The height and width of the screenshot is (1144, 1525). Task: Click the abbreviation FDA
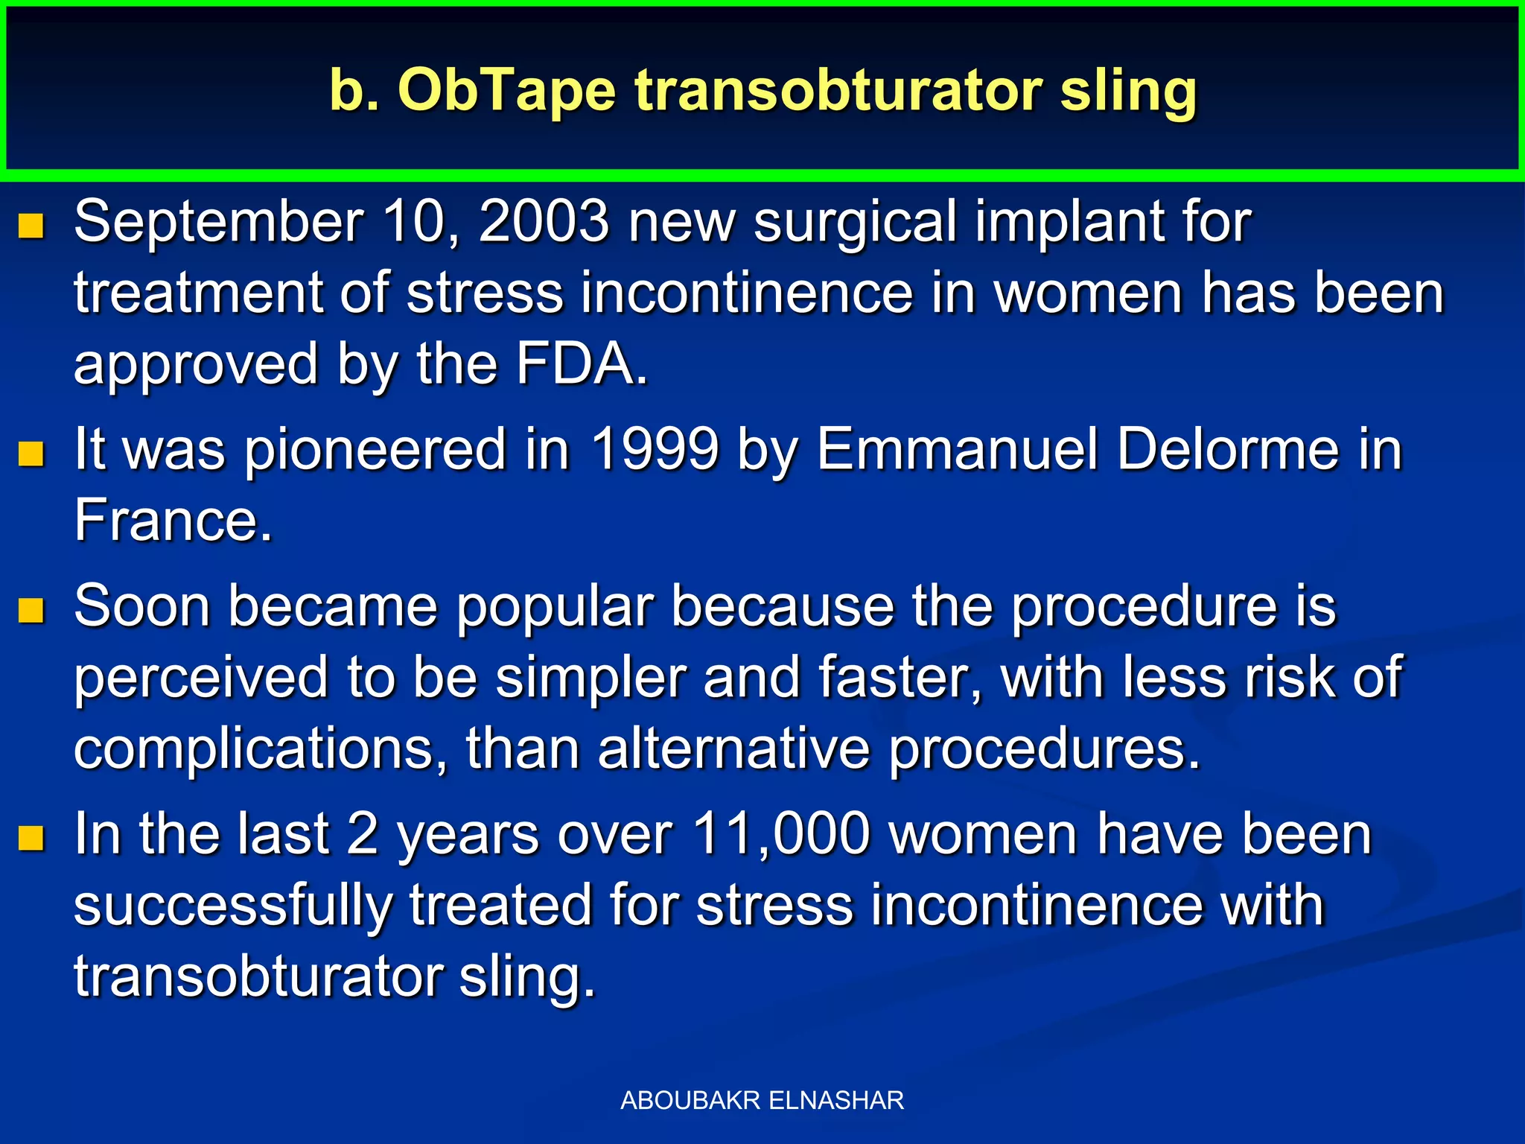pyautogui.click(x=582, y=363)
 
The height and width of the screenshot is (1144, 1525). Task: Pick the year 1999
pyautogui.click(x=655, y=449)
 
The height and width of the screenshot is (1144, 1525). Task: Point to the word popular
pyautogui.click(x=555, y=607)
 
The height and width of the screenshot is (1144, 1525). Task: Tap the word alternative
pyautogui.click(x=733, y=749)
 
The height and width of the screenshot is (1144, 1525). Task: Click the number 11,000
pyautogui.click(x=781, y=833)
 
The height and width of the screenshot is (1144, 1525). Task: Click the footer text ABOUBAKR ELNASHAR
pyautogui.click(x=762, y=1100)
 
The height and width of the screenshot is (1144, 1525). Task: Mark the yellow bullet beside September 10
pyautogui.click(x=31, y=225)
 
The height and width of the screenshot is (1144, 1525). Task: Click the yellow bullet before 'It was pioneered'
pyautogui.click(x=31, y=453)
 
